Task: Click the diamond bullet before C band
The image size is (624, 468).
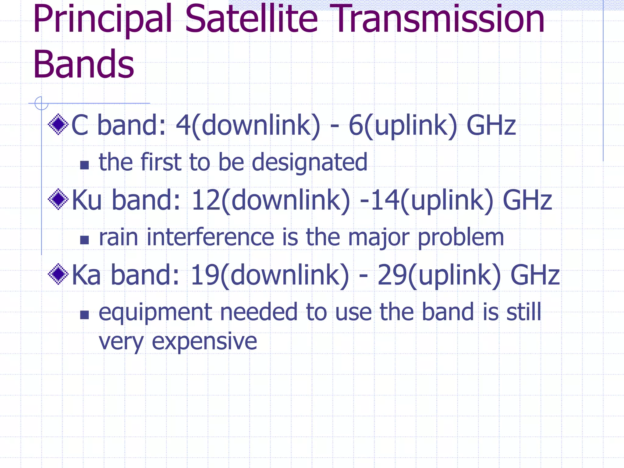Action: pos(58,124)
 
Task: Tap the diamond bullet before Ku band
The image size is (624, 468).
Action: pos(58,199)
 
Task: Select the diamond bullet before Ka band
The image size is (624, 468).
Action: pos(58,274)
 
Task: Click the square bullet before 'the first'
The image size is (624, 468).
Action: pos(84,165)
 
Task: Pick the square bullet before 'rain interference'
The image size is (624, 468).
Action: pos(84,240)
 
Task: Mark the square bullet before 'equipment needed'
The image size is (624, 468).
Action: pos(84,315)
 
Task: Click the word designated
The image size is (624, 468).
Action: pos(310,163)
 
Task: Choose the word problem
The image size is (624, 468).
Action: pos(461,238)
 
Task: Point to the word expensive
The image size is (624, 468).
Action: pos(204,342)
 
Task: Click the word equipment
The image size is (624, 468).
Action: pos(155,313)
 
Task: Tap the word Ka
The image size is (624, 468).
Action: pos(86,275)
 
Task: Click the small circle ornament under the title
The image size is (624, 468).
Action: pos(41,103)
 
